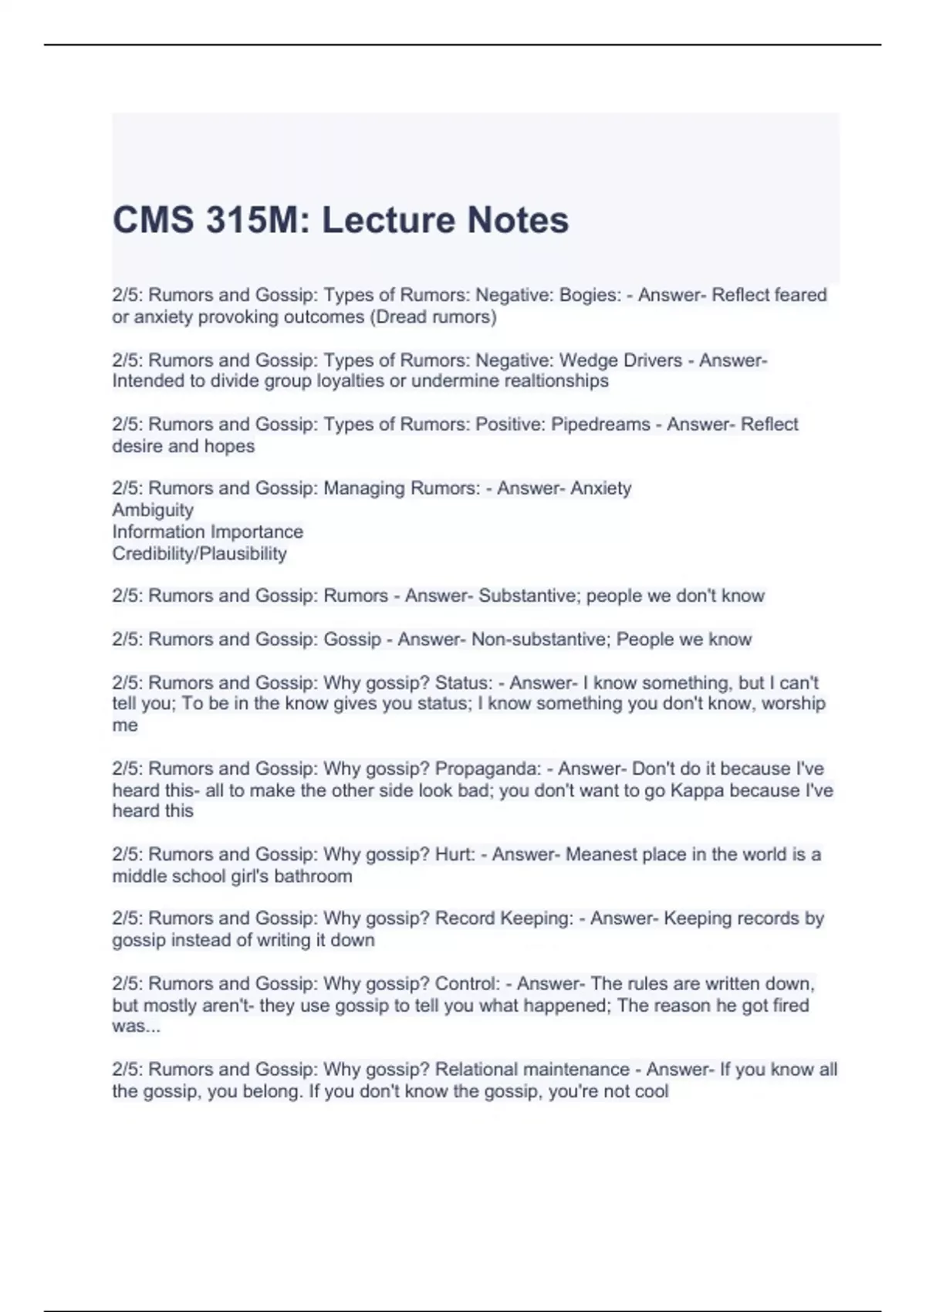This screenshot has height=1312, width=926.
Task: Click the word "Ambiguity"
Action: pyautogui.click(x=153, y=509)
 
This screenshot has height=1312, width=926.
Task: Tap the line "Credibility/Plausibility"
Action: pyautogui.click(x=199, y=553)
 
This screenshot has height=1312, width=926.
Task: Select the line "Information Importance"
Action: pyautogui.click(x=208, y=532)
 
